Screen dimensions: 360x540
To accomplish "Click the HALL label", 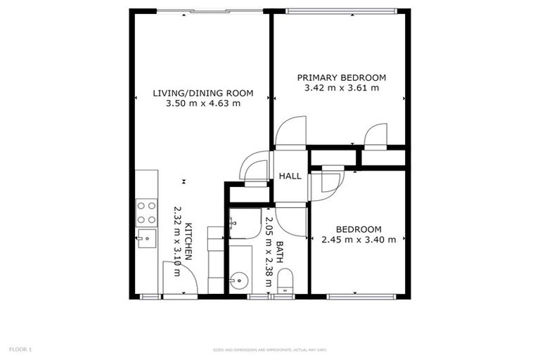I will (290, 176).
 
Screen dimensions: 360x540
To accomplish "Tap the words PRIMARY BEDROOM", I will (342, 77).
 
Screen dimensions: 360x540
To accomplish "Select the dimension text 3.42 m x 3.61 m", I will (342, 89).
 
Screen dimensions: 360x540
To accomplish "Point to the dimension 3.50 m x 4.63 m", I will (203, 103).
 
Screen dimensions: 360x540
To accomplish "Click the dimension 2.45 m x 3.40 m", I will (359, 240).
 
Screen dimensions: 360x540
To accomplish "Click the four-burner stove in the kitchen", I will (146, 212).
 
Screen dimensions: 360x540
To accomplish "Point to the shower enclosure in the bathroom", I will (245, 224).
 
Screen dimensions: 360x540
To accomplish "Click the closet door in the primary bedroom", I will (376, 135).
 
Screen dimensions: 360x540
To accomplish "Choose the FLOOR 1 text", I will (20, 349).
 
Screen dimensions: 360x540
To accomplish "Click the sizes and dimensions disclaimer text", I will (270, 349).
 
